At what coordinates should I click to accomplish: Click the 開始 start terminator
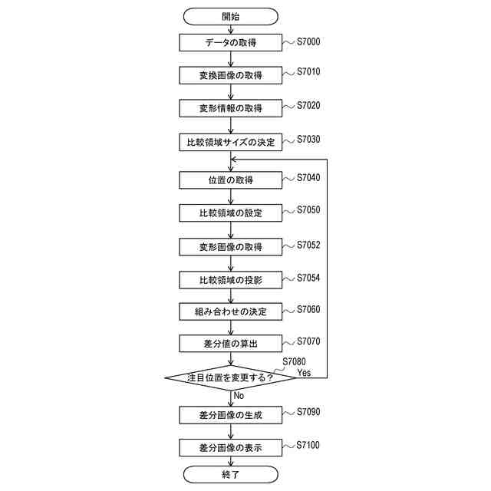point(230,15)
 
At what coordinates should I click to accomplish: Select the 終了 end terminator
point(230,475)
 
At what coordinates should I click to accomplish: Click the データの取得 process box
point(230,43)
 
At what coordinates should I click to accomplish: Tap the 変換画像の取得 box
point(230,75)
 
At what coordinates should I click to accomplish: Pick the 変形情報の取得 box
point(230,108)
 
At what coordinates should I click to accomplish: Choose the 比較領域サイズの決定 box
point(230,142)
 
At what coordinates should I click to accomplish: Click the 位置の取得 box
point(230,180)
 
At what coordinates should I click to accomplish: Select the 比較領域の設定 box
point(230,213)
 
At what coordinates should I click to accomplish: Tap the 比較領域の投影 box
point(230,279)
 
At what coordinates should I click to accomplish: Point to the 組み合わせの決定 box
point(230,311)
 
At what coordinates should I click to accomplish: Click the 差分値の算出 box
point(230,344)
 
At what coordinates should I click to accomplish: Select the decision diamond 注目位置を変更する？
point(230,377)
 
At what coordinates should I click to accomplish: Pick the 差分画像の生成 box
point(230,415)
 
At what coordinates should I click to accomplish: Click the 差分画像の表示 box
point(230,447)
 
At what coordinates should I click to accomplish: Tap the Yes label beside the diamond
point(304,372)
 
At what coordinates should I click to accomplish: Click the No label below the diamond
point(239,396)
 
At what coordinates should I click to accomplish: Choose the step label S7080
point(294,361)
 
